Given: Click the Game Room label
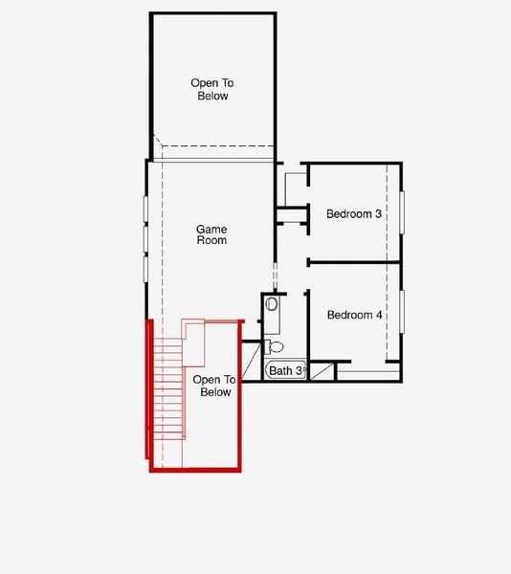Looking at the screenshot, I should pos(211,234).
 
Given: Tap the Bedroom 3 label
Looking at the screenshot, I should pos(354,213).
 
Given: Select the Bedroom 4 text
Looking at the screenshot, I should pos(354,315).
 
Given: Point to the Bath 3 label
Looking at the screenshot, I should pos(285,370).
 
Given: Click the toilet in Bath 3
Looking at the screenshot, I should pos(275,346).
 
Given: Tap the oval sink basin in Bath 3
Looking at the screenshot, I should pos(272,305).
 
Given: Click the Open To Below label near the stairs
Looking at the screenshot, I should pos(211,386).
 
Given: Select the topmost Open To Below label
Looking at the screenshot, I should pos(209,89).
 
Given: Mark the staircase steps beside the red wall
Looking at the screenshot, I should pos(169,392).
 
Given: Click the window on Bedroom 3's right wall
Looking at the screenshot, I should pos(403,212).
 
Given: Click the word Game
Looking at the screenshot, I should pos(211,229).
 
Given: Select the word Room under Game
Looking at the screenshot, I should pos(211,240).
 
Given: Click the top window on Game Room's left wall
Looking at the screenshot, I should pos(145,208).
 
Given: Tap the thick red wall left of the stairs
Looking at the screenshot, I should pos(150,392).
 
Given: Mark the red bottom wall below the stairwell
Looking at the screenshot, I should pos(196,469).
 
